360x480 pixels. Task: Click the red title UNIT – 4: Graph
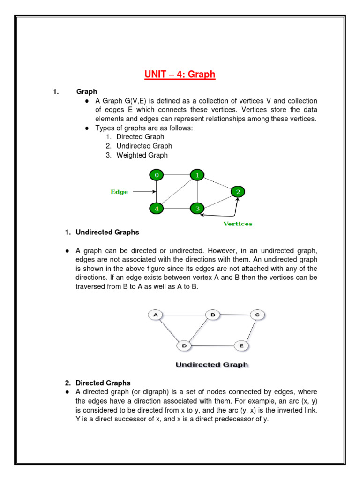[180, 74]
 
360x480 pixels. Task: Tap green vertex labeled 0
[157, 175]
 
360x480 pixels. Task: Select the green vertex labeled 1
[197, 175]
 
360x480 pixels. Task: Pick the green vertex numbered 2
[238, 191]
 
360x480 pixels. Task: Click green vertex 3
[197, 208]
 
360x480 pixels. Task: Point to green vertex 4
[157, 208]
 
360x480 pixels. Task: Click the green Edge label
[119, 192]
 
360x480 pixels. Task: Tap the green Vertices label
[238, 224]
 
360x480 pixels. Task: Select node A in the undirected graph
[155, 315]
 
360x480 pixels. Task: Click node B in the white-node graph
[212, 315]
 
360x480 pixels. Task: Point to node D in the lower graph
[184, 346]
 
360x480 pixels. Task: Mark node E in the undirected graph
[241, 346]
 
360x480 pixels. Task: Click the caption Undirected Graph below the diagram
[212, 364]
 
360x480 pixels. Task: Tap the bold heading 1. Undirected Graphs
[102, 232]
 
